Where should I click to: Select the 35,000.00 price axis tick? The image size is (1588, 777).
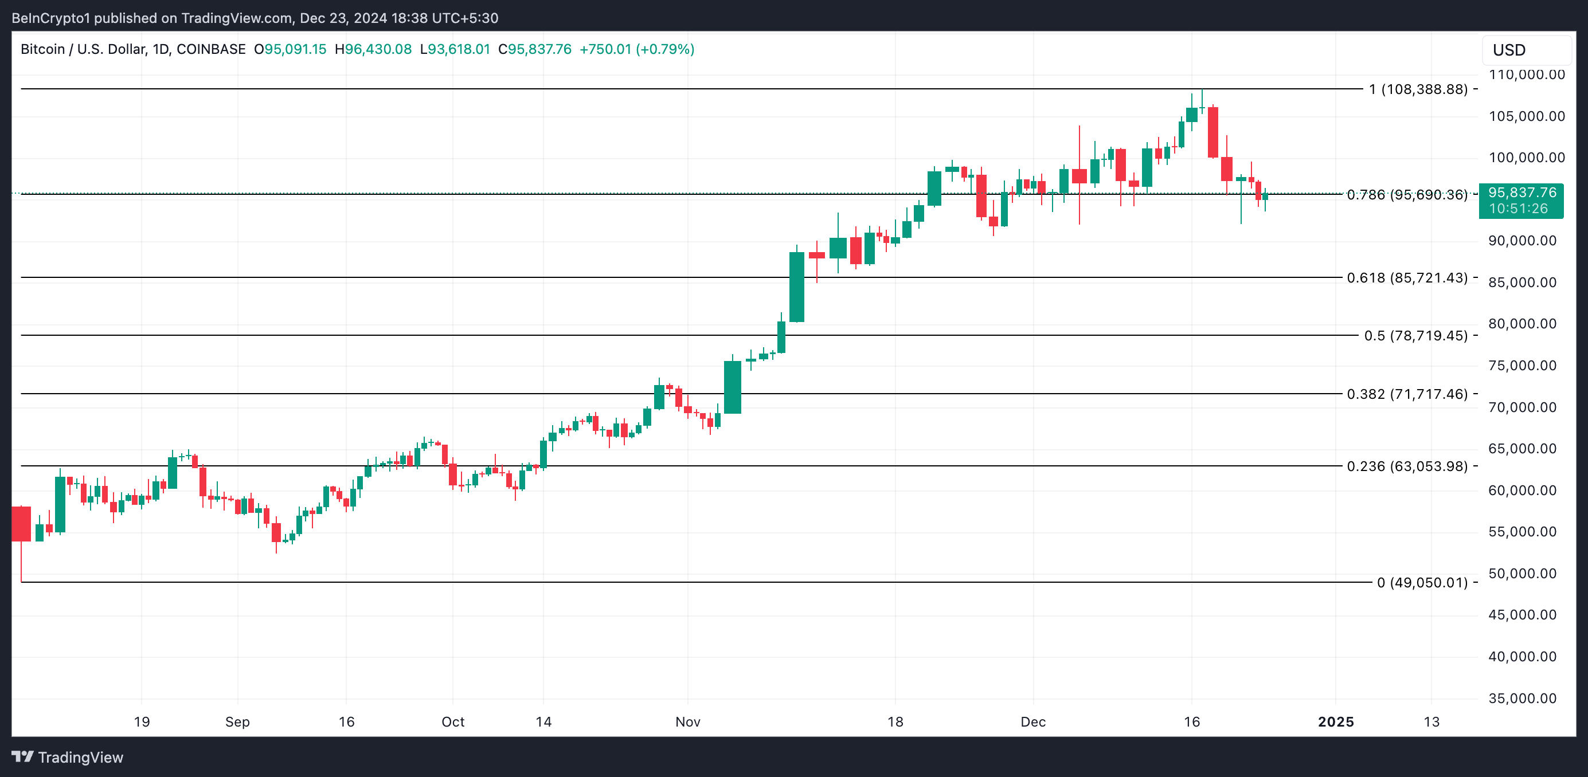click(1522, 698)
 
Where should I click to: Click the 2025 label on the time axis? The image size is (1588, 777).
click(1335, 721)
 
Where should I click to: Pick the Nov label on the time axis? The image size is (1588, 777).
click(687, 721)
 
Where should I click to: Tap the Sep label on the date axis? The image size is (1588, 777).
click(237, 721)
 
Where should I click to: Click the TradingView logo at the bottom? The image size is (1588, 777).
click(68, 758)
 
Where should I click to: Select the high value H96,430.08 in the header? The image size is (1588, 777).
click(373, 49)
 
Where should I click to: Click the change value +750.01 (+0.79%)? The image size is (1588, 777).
click(636, 49)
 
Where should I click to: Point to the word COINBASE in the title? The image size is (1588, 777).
click(211, 49)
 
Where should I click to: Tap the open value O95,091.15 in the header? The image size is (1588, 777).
click(290, 49)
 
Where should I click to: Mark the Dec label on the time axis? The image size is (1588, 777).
click(1032, 721)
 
